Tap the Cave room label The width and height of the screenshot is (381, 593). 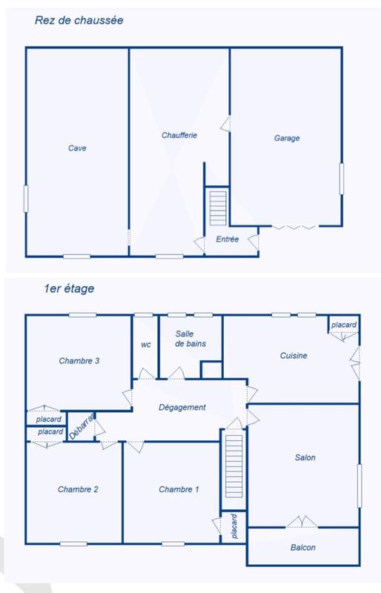(x=77, y=148)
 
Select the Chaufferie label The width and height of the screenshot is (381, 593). (x=179, y=136)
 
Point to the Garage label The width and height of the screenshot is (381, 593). (x=286, y=138)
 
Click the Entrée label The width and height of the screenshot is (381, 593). (x=227, y=239)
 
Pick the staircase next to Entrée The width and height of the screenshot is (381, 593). (x=217, y=208)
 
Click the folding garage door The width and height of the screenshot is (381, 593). (x=294, y=226)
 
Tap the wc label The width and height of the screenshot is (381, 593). (x=146, y=345)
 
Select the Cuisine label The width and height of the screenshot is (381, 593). (x=294, y=356)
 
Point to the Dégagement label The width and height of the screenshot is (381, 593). (x=182, y=407)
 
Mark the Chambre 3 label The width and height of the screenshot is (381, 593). (x=79, y=361)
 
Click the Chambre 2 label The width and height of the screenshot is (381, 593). (x=79, y=489)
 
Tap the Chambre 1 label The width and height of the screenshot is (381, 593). (x=179, y=489)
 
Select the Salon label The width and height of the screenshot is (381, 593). (x=305, y=457)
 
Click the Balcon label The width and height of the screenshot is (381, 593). (x=302, y=548)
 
